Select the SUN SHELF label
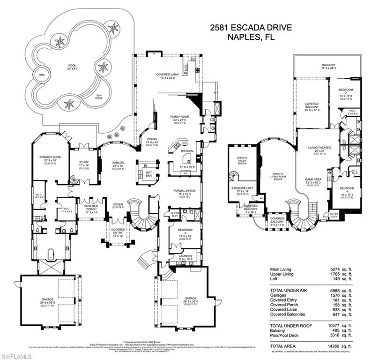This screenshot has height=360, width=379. coord(99,96)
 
